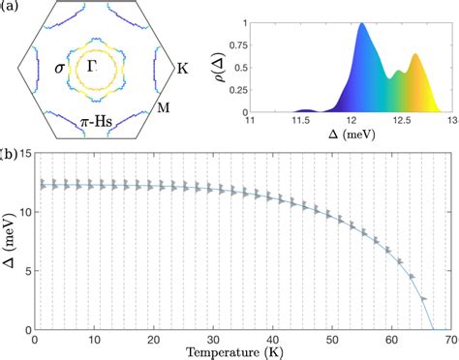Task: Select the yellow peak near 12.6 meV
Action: pos(417,55)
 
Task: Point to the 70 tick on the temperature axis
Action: pos(452,340)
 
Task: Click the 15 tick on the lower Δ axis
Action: pos(26,153)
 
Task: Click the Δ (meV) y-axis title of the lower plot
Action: pos(10,242)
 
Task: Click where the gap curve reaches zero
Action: pos(433,330)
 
